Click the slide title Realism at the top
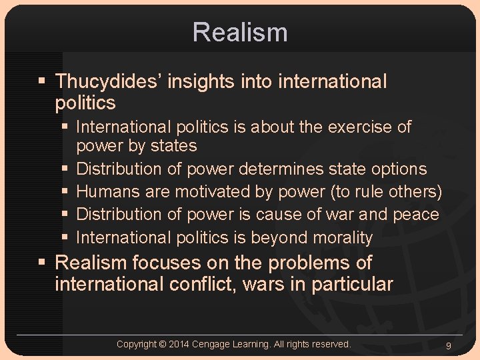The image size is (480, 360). coord(240,32)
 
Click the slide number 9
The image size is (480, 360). coord(448,345)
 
